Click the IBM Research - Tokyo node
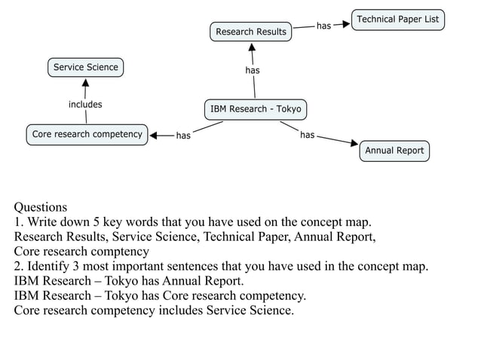click(x=255, y=109)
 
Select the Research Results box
click(x=251, y=32)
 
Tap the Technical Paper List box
click(x=397, y=20)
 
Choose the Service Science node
click(x=85, y=68)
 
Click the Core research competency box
click(x=87, y=135)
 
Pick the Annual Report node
click(x=394, y=151)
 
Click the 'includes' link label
click(x=85, y=105)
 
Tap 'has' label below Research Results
click(x=253, y=71)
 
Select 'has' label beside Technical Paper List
click(x=323, y=26)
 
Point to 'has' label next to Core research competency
click(x=183, y=136)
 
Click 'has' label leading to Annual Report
click(x=308, y=135)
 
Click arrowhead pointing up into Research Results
click(x=252, y=47)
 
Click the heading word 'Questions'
click(x=41, y=207)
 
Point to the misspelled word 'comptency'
click(x=121, y=252)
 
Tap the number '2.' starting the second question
click(x=19, y=266)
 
